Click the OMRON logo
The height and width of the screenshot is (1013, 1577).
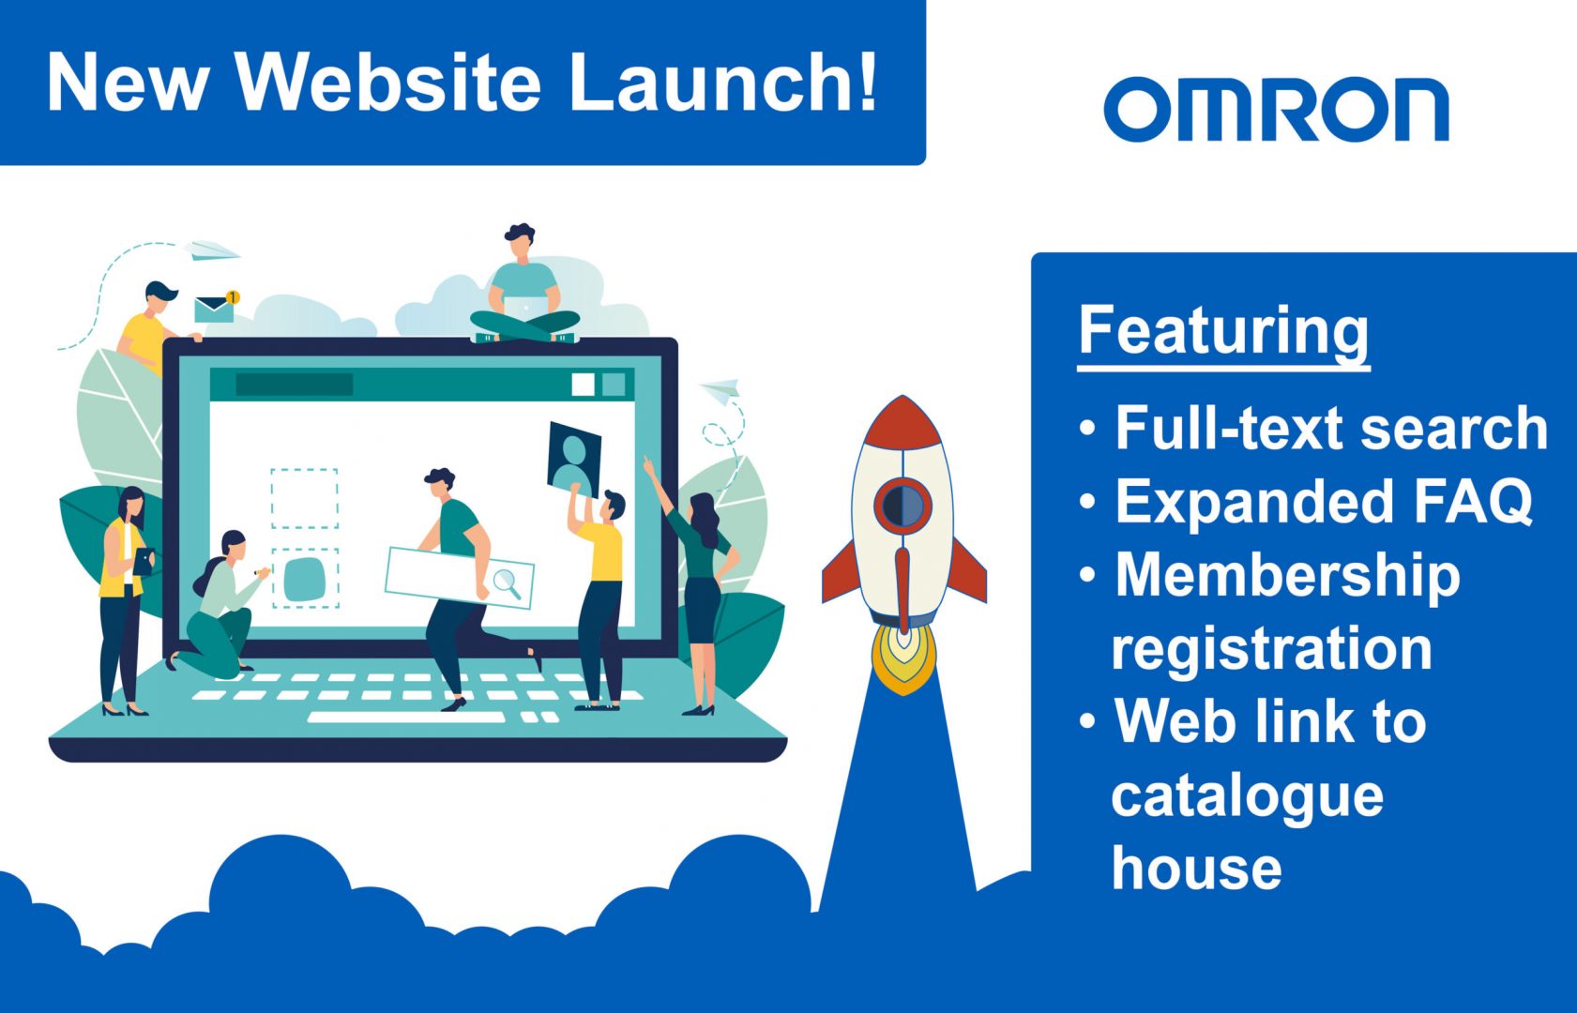[1277, 110]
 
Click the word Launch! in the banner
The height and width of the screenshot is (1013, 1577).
[723, 83]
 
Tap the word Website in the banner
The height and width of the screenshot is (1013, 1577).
[387, 83]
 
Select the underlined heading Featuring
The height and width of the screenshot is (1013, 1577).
[1223, 334]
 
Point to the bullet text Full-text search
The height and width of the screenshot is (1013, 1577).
[1331, 428]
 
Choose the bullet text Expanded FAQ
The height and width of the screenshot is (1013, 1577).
[1325, 501]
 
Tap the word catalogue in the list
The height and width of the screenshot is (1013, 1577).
[1248, 796]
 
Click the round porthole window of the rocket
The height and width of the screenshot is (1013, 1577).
[902, 506]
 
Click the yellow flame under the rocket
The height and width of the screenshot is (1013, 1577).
[904, 658]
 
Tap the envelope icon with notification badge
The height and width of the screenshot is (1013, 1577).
[216, 307]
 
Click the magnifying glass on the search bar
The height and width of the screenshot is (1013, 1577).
[508, 582]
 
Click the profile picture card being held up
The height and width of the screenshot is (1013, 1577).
[574, 459]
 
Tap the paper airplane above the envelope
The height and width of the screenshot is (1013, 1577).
[211, 249]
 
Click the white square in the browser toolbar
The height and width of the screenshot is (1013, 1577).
[583, 386]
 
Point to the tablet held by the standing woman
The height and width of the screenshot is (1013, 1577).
[144, 561]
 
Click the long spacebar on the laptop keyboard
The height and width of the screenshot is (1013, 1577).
[406, 718]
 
